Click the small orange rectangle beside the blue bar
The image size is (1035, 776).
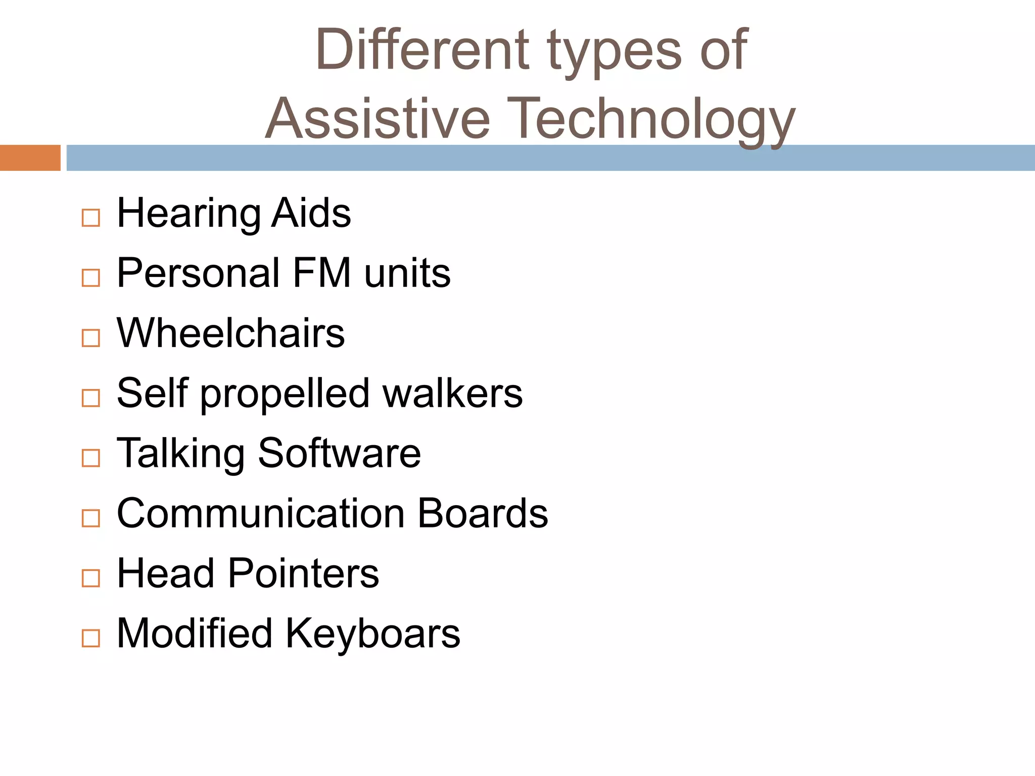[x=30, y=158]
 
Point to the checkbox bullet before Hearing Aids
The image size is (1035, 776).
[x=91, y=218]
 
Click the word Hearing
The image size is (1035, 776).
[x=187, y=214]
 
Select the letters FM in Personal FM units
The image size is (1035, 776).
[x=321, y=273]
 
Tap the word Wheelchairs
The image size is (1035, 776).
[x=230, y=333]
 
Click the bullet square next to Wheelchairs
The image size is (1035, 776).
[x=91, y=338]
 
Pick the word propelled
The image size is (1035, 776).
[x=285, y=394]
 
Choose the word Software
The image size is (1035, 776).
[x=339, y=453]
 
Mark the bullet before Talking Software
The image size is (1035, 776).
[x=91, y=458]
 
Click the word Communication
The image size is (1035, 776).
[x=261, y=513]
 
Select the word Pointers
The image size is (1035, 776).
[x=303, y=573]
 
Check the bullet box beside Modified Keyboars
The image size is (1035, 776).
[x=91, y=638]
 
